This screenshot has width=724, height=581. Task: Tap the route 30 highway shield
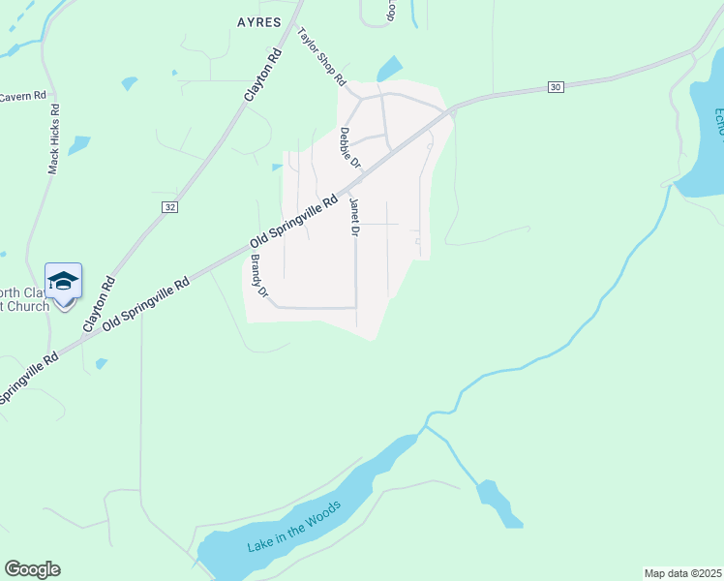coord(555,87)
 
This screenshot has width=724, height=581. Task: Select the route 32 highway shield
coord(170,207)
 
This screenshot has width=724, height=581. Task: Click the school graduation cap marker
coord(63,282)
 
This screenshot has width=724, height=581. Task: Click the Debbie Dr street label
coord(347,148)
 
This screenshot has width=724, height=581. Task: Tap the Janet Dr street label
coord(355,217)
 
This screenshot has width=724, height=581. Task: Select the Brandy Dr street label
coord(257,275)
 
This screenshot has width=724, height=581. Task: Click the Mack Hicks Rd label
coord(54,138)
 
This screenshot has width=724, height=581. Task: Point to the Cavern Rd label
coord(23,96)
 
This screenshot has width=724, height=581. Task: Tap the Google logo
coord(32,569)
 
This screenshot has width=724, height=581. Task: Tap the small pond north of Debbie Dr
coord(389,69)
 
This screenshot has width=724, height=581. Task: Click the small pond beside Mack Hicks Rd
coord(78,145)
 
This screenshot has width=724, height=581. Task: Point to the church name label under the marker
coord(24,300)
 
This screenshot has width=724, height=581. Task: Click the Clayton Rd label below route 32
coord(100,304)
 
